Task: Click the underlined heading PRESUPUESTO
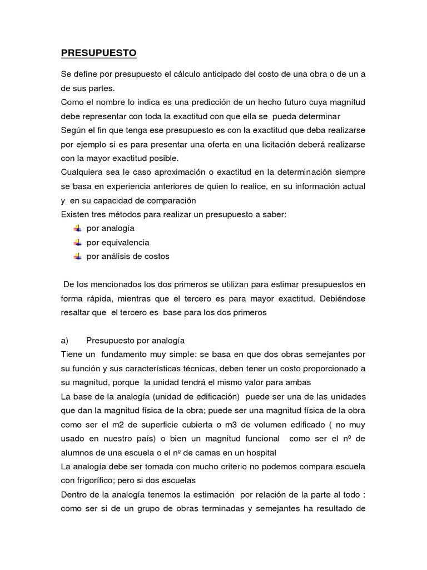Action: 98,53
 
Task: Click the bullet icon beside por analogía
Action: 77,228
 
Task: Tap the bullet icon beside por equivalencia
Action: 77,242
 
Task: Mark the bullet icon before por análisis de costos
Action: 77,256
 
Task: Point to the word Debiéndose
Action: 342,298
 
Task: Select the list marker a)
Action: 64,340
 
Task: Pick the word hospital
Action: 258,452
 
